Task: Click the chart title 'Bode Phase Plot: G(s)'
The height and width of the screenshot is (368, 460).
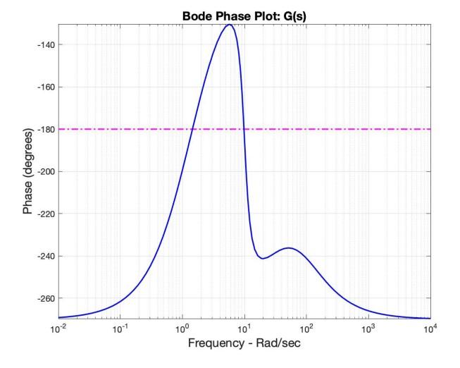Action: click(244, 15)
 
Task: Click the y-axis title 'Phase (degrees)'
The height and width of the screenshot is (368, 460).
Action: click(28, 172)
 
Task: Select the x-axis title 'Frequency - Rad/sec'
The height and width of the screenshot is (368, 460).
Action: click(244, 346)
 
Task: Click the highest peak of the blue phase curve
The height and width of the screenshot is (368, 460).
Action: click(229, 25)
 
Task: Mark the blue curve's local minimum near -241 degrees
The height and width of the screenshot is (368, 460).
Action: click(262, 258)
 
